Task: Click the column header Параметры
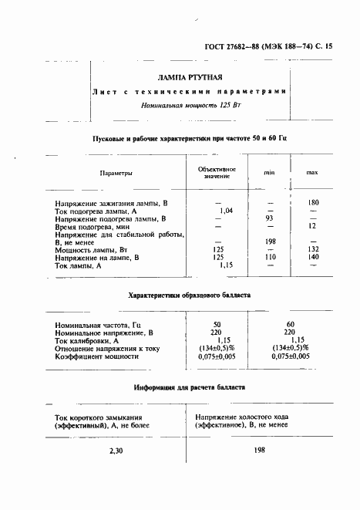tap(116, 174)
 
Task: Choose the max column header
tap(312, 172)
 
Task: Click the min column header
tap(270, 172)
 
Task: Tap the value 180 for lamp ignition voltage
tap(313, 202)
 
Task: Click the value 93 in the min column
tap(270, 219)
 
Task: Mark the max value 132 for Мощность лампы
tap(313, 249)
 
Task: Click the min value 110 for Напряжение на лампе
tap(270, 257)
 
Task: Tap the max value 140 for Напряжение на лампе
tap(313, 257)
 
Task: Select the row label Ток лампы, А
tap(85, 265)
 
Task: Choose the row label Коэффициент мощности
tap(96, 357)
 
